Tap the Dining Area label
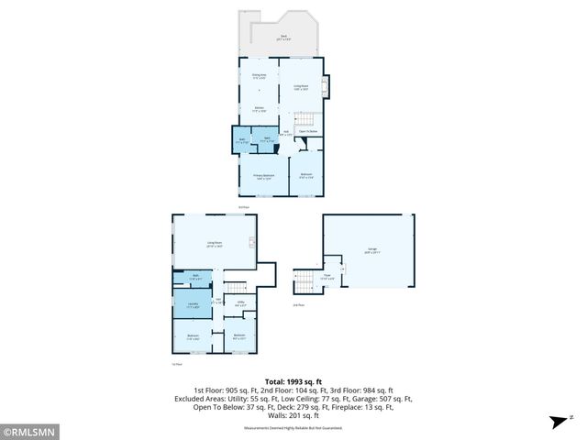tap(259, 76)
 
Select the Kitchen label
tap(259, 109)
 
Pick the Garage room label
tap(371, 250)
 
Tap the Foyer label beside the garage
tap(327, 278)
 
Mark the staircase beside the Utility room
tap(238, 287)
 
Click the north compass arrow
tap(557, 421)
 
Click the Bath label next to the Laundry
tap(194, 276)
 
